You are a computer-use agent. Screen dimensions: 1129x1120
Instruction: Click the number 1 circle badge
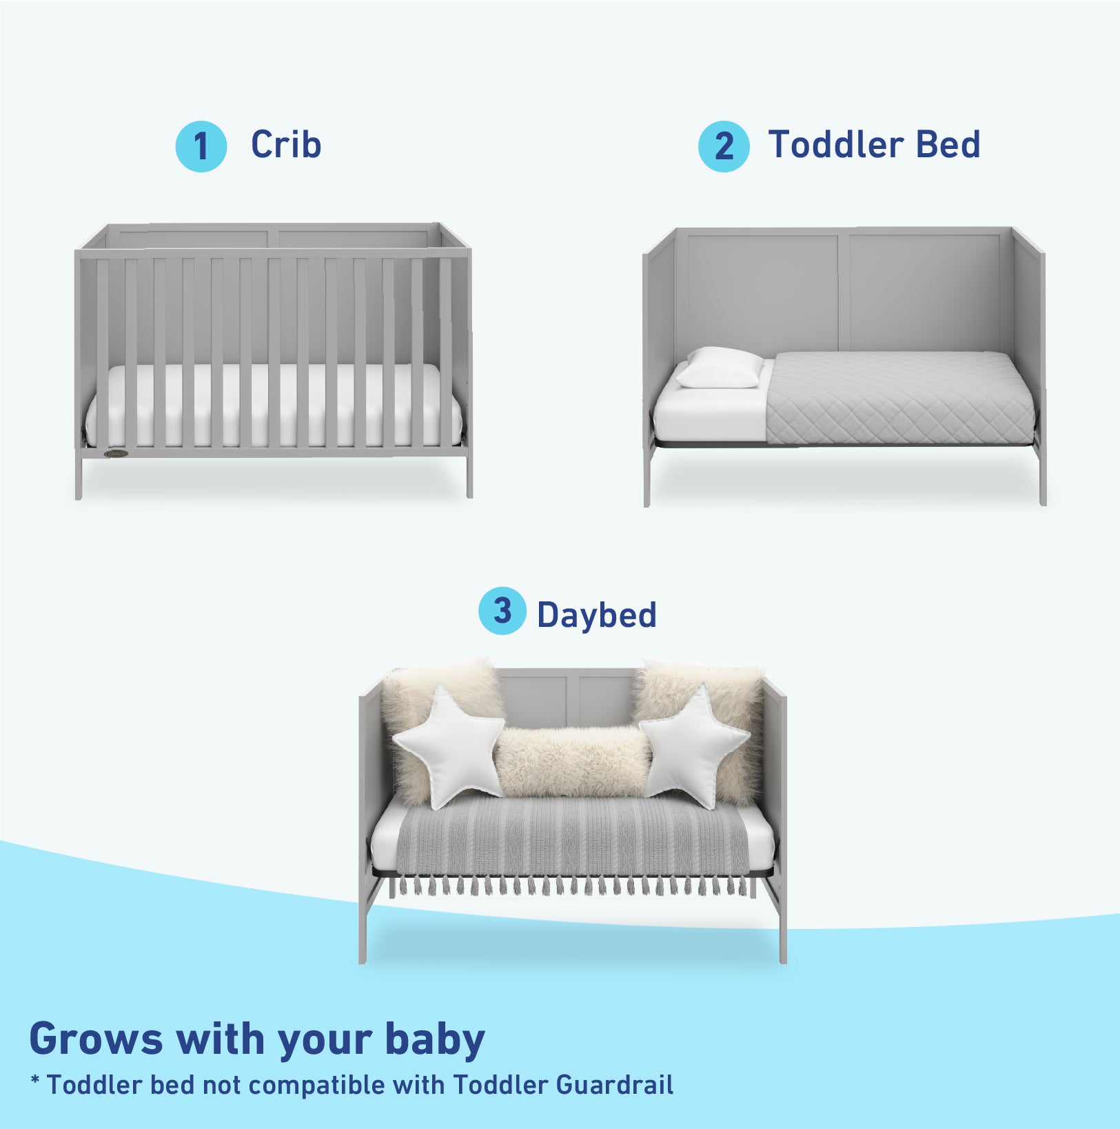(x=201, y=146)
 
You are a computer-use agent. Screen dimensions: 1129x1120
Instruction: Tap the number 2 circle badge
(x=723, y=146)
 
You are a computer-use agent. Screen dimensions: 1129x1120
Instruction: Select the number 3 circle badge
(x=502, y=611)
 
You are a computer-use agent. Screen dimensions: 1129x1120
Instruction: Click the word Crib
(x=286, y=145)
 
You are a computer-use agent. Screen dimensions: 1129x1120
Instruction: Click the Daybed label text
(x=596, y=615)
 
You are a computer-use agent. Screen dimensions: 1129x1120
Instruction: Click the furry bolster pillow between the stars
(x=571, y=761)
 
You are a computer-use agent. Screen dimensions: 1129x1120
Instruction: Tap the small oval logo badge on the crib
(x=115, y=453)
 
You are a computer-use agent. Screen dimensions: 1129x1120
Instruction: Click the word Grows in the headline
(x=96, y=1039)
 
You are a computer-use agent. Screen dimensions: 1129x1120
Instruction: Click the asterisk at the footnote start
(x=34, y=1080)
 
